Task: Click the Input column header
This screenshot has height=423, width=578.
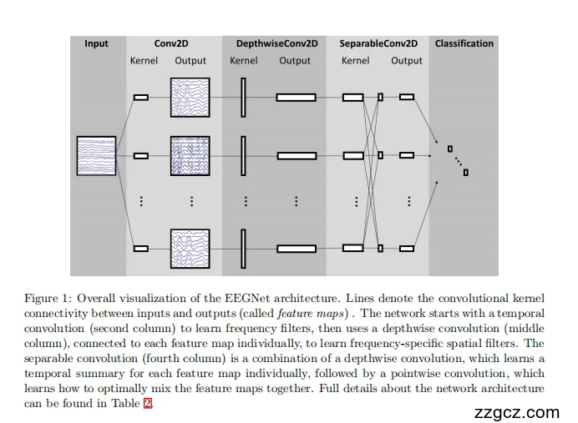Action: click(96, 43)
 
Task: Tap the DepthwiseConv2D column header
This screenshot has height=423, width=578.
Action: click(276, 43)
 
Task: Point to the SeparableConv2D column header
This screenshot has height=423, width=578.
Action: click(378, 43)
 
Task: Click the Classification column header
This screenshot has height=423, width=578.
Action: click(464, 43)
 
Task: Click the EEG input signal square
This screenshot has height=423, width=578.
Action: click(96, 155)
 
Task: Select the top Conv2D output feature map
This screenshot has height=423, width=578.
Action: click(190, 97)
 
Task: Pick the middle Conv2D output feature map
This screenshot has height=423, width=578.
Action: click(190, 155)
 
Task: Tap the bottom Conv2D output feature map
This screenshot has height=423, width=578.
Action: click(190, 248)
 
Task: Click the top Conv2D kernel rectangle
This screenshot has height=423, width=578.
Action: click(141, 98)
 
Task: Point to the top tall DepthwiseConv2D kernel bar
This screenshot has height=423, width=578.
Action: click(243, 97)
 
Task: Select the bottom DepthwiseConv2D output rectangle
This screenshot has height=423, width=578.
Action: click(297, 248)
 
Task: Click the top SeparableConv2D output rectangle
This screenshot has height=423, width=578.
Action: click(407, 97)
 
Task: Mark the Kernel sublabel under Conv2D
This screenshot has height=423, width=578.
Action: click(144, 61)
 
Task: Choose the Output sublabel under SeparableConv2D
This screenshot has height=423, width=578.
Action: click(407, 61)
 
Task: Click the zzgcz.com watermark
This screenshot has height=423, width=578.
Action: click(516, 412)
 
